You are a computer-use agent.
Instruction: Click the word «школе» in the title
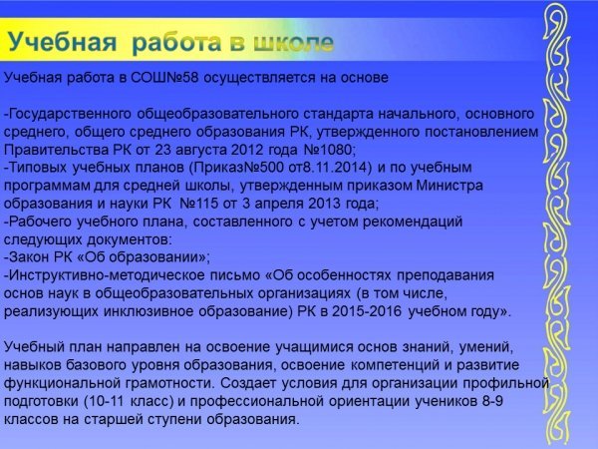(x=294, y=42)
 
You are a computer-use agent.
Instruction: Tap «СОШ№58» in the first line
(x=164, y=78)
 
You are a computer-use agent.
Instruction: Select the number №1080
(x=329, y=150)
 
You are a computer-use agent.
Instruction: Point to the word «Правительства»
(x=56, y=150)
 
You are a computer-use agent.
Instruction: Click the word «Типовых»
(x=38, y=168)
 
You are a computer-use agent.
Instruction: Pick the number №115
(x=198, y=204)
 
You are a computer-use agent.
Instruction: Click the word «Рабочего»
(x=41, y=222)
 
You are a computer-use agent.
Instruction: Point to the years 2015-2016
(x=367, y=311)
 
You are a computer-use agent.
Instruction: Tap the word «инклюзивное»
(x=149, y=311)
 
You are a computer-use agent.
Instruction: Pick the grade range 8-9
(x=490, y=401)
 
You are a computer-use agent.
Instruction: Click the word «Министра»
(x=449, y=186)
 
